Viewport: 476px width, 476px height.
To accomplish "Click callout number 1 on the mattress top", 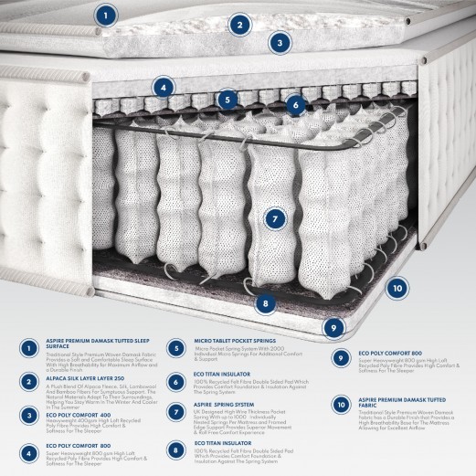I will click(107, 15).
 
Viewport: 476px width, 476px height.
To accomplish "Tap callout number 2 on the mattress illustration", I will click(239, 26).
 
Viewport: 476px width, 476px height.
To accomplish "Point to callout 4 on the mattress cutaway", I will click(163, 89).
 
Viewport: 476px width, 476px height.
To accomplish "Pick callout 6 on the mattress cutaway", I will click(294, 105).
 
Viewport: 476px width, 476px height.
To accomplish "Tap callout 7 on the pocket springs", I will click(271, 218).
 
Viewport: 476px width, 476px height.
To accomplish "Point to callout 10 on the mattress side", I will click(396, 289).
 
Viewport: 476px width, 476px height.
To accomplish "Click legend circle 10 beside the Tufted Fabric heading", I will click(341, 404).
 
